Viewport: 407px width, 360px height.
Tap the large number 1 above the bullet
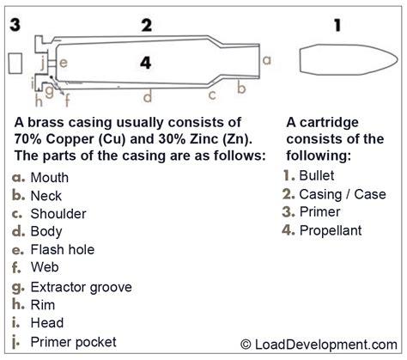pos(337,26)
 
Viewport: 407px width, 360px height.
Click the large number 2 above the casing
pos(147,24)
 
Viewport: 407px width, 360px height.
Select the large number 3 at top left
pos(15,24)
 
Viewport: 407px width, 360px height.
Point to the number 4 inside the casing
pos(146,62)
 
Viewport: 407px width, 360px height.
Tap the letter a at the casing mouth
pos(267,60)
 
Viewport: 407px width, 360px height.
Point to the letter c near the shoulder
pos(212,95)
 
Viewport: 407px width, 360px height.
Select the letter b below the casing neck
pos(242,88)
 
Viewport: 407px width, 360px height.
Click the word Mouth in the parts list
pos(50,178)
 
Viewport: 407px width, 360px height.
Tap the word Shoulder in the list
pos(58,214)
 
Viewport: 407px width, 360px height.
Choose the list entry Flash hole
pos(62,250)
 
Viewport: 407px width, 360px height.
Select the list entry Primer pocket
pos(73,342)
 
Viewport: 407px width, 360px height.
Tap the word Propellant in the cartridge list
pos(331,230)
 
